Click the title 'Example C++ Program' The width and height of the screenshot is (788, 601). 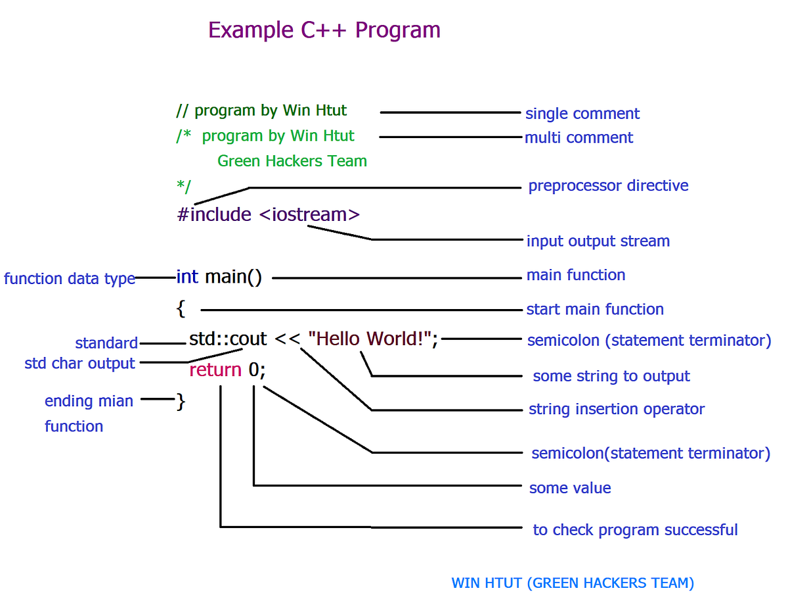pyautogui.click(x=324, y=30)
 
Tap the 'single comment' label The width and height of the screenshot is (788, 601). pyautogui.click(x=582, y=114)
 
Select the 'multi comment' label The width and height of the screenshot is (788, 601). pyautogui.click(x=579, y=138)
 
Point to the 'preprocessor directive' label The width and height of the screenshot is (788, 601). pyautogui.click(x=608, y=185)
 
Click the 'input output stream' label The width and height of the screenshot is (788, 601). pyautogui.click(x=598, y=241)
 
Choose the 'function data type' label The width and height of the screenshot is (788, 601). pyautogui.click(x=69, y=279)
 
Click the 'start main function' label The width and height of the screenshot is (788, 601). pyautogui.click(x=594, y=309)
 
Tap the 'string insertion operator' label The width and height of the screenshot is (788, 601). pyautogui.click(x=616, y=409)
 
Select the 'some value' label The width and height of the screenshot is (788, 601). pyautogui.click(x=569, y=488)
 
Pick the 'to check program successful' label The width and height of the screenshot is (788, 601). pyautogui.click(x=634, y=530)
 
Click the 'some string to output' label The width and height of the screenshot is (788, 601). pyautogui.click(x=611, y=376)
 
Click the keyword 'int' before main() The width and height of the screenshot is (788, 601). pyautogui.click(x=187, y=277)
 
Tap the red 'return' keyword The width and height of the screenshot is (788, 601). pyautogui.click(x=215, y=370)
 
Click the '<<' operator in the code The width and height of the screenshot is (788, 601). pyautogui.click(x=287, y=339)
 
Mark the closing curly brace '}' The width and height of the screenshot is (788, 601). pyautogui.click(x=181, y=401)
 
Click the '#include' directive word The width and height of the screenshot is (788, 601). pyautogui.click(x=214, y=214)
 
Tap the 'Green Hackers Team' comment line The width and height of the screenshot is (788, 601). pyautogui.click(x=292, y=161)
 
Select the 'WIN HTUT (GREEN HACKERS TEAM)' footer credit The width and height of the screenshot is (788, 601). pyautogui.click(x=572, y=583)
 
